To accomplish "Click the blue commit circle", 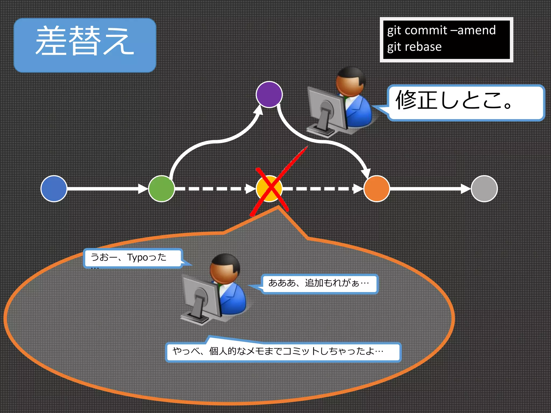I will [x=54, y=188].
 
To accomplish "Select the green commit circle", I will [x=161, y=188].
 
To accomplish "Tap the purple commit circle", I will [x=269, y=94].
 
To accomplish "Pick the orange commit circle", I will [x=377, y=188].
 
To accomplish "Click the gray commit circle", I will [x=484, y=188].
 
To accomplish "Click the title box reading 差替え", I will [x=85, y=45].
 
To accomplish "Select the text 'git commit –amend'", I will [x=441, y=30].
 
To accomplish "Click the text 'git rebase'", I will [x=414, y=47].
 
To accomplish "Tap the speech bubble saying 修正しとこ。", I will [x=465, y=102].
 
